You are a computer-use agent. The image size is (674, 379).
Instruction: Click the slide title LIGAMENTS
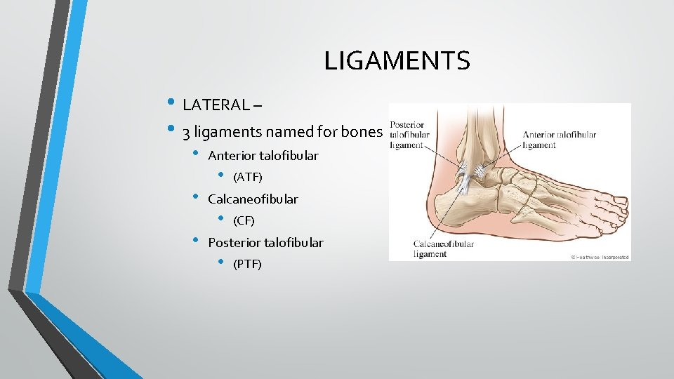click(397, 62)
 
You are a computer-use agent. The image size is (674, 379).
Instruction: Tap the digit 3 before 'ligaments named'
click(186, 132)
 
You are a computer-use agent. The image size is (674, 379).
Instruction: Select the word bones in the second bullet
click(363, 132)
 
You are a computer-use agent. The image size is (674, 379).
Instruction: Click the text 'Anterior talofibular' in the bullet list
click(263, 156)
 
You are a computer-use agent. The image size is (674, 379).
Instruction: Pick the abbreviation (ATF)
click(247, 177)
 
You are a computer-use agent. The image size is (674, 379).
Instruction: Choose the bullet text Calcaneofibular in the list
click(253, 199)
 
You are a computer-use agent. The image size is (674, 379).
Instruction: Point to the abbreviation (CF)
click(244, 221)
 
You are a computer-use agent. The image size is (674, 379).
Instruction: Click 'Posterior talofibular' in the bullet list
click(265, 243)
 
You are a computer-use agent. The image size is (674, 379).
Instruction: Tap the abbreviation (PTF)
click(247, 265)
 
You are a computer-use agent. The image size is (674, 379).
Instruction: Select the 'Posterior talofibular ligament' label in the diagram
click(411, 135)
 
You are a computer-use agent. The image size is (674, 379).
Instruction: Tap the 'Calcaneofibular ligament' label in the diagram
click(443, 249)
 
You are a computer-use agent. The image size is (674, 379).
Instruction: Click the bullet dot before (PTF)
click(220, 263)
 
